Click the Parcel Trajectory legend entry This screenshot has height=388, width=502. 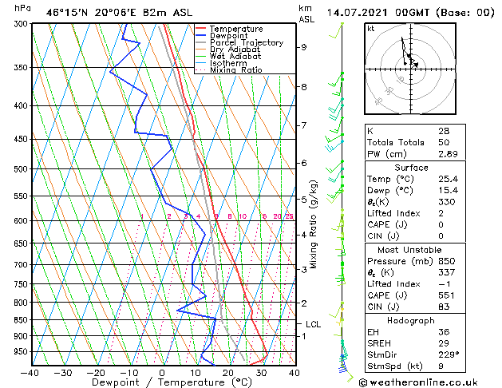click(x=246, y=43)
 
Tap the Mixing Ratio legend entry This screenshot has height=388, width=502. click(x=235, y=70)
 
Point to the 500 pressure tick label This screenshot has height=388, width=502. click(x=16, y=169)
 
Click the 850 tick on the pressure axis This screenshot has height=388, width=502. click(x=16, y=320)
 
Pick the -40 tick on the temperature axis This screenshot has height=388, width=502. click(x=30, y=373)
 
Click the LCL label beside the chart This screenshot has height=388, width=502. click(x=314, y=324)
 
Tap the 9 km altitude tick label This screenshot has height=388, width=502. click(x=304, y=47)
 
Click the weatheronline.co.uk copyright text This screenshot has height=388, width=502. click(x=431, y=381)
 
